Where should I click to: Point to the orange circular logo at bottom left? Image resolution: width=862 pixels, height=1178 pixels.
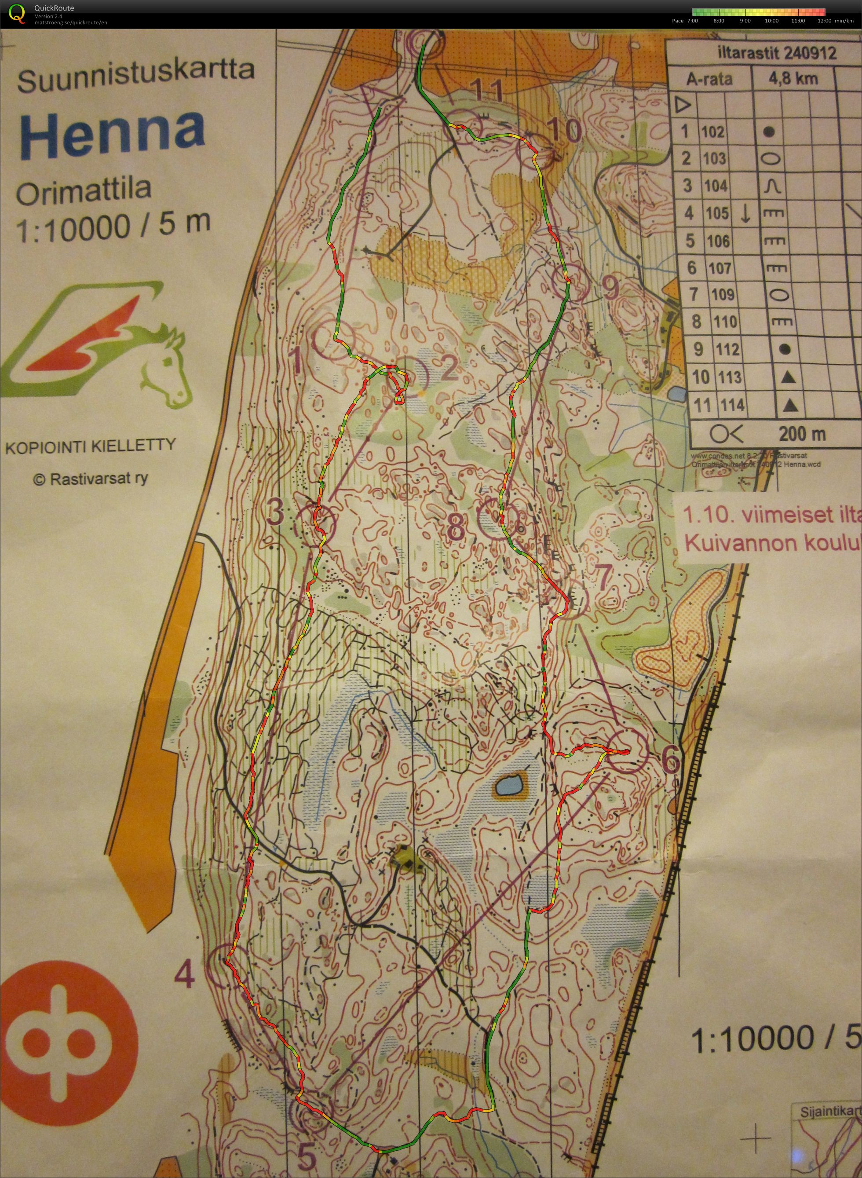tap(69, 1008)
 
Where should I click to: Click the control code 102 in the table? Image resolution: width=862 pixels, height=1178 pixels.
tap(713, 132)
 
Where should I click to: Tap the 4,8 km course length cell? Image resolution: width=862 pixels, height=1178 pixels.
tap(793, 79)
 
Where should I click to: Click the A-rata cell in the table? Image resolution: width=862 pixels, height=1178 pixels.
tap(709, 79)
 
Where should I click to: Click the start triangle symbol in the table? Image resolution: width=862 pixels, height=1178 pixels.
tap(681, 106)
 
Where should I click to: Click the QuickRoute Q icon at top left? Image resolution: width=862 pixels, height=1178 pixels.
tap(17, 13)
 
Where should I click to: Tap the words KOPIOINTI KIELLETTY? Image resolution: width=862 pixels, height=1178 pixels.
tap(90, 446)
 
